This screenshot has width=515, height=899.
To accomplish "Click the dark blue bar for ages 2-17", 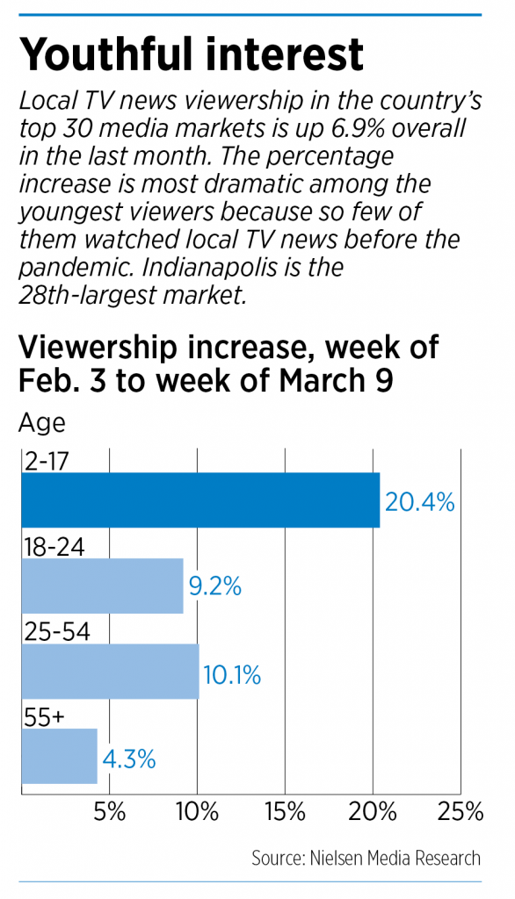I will click(199, 500).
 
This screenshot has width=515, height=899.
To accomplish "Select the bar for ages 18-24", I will click(102, 586).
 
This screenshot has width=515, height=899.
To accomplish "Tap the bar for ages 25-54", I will click(110, 672).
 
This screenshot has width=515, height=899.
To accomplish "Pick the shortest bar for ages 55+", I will click(59, 756).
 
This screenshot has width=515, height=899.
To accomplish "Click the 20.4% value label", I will click(419, 502).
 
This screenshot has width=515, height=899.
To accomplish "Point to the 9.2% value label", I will click(214, 586).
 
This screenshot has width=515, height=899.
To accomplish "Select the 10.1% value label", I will click(232, 676).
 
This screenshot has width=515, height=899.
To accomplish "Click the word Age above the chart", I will click(41, 423).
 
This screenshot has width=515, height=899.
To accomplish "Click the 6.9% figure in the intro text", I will click(342, 129).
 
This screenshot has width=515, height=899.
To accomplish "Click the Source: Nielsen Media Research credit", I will click(366, 858).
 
